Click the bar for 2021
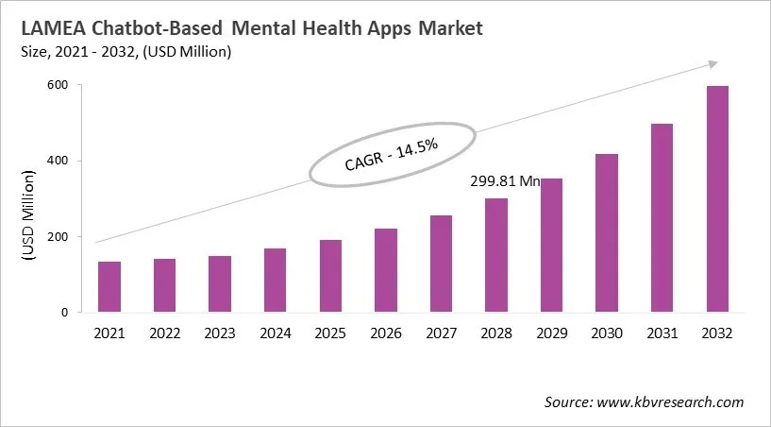click(109, 287)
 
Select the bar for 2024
click(275, 281)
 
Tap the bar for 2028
click(496, 255)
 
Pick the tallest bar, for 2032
click(717, 199)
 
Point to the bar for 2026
click(386, 270)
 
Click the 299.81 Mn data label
click(504, 182)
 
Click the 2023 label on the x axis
click(220, 333)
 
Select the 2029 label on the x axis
click(551, 333)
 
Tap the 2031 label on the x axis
click(662, 333)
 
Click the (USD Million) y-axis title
click(29, 213)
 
